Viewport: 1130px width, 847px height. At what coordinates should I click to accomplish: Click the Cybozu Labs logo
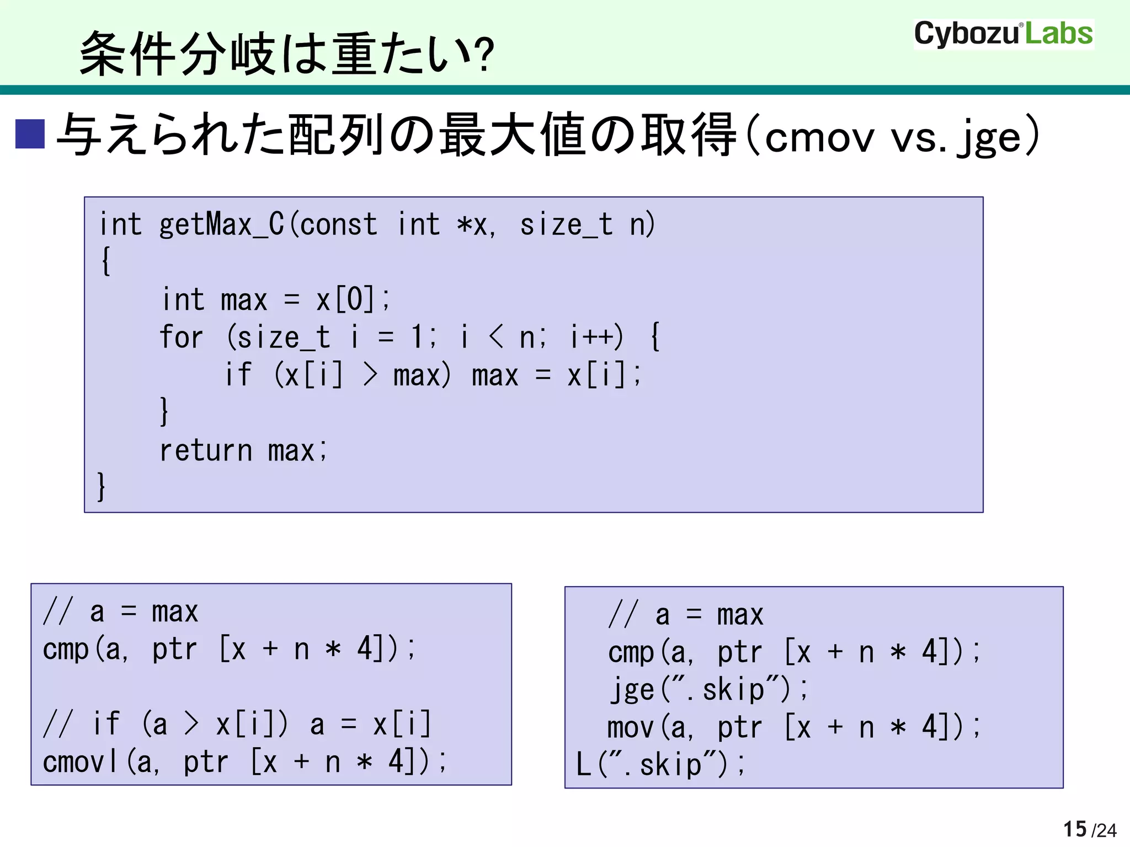point(1003,34)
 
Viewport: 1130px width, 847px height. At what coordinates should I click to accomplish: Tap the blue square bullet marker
point(30,134)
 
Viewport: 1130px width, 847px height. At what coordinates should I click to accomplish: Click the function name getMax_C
point(221,225)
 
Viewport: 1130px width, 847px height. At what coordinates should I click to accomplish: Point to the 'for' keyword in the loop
point(181,337)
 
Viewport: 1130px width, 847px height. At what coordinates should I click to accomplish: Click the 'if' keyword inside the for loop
point(238,375)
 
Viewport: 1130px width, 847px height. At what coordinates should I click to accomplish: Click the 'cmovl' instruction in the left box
point(81,763)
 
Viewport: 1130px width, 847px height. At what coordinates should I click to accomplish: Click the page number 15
point(1074,829)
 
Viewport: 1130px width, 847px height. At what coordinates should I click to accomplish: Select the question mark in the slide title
point(483,55)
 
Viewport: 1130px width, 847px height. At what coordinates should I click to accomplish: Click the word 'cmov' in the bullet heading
point(819,138)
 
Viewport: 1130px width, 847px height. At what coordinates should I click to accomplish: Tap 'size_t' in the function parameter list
point(566,225)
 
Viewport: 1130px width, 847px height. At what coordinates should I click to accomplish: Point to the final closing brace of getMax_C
point(102,486)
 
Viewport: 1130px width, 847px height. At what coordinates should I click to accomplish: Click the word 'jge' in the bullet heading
point(991,138)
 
